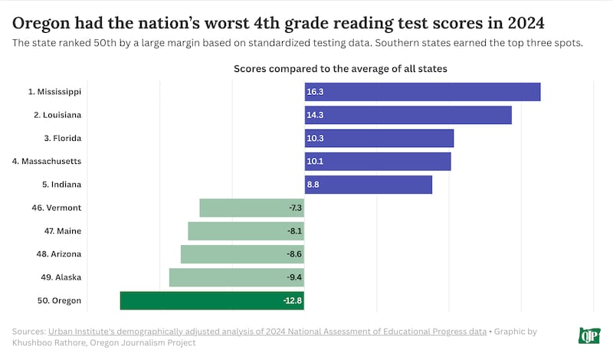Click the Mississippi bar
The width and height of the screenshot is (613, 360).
click(422, 92)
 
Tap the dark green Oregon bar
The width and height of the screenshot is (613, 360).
click(211, 300)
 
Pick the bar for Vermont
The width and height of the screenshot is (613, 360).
click(251, 208)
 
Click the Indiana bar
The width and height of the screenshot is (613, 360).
click(368, 185)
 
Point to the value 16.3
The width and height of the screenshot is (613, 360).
click(315, 92)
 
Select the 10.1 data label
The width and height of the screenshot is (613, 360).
click(314, 162)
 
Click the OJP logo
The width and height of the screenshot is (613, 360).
click(588, 335)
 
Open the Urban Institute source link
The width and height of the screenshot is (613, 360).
click(267, 332)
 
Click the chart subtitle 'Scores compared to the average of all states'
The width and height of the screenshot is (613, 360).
click(340, 69)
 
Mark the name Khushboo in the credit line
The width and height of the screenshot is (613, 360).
click(34, 343)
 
